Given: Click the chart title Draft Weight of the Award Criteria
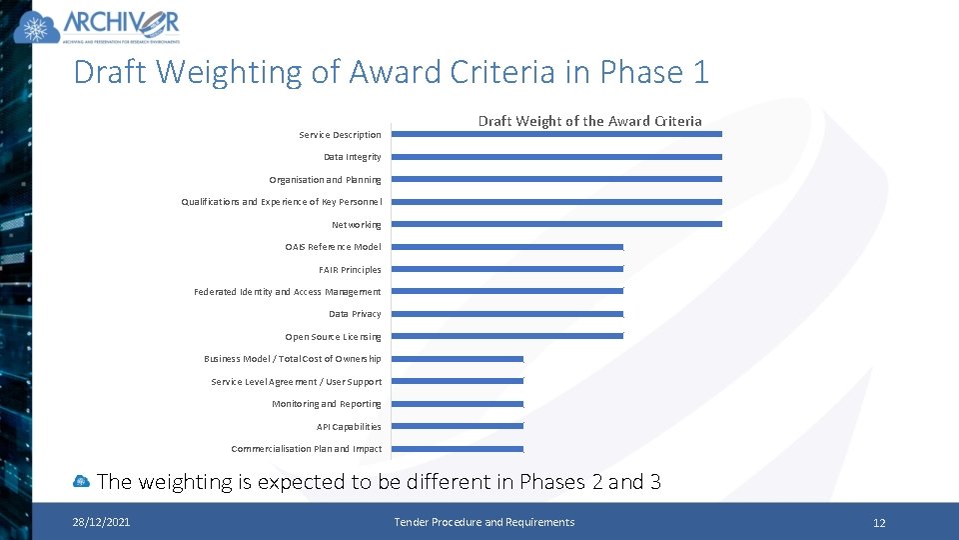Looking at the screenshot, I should click(589, 121).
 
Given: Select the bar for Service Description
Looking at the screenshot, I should click(556, 134).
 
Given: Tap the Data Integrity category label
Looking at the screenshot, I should click(352, 157).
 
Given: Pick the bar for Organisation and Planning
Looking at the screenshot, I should click(556, 179).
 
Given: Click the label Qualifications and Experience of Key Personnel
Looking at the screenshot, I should click(281, 202).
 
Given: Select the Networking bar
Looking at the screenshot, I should click(556, 224).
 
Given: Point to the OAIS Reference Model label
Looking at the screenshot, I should click(333, 247).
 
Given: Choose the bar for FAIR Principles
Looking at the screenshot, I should click(506, 269).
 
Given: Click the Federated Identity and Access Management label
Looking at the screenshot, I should click(287, 292).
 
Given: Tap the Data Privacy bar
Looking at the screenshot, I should click(506, 314).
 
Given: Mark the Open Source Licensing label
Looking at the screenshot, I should click(333, 337).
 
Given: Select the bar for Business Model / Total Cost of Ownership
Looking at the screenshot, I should click(458, 359).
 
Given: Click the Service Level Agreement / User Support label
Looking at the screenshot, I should click(296, 382).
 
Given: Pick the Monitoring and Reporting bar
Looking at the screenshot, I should click(458, 404).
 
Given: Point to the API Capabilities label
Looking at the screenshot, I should click(349, 427).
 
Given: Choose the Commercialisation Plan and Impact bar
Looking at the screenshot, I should click(458, 449).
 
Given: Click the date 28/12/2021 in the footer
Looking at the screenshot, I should click(100, 522).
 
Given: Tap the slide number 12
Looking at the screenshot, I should click(879, 523).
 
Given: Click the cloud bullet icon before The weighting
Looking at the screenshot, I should click(82, 482).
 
